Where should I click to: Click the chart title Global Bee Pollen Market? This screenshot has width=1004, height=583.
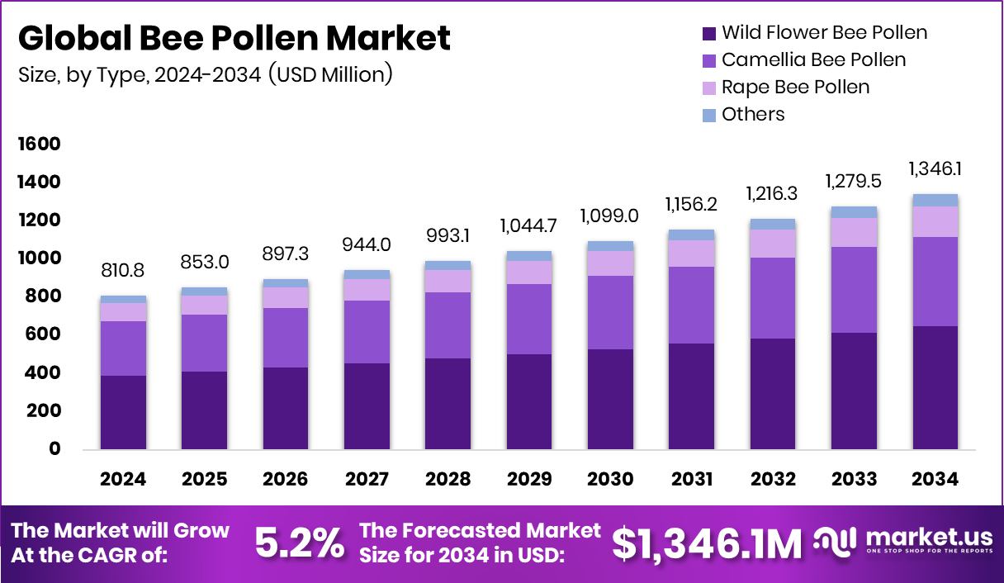(234, 39)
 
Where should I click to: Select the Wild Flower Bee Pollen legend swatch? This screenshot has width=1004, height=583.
(708, 34)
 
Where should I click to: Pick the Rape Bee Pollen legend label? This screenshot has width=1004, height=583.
(795, 87)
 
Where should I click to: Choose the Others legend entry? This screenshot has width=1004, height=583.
(752, 114)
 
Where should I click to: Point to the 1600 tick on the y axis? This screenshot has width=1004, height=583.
(40, 145)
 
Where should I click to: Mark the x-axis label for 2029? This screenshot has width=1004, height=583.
(529, 480)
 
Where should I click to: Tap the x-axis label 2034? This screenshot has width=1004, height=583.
(935, 480)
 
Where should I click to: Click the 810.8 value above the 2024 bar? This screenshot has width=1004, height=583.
(123, 270)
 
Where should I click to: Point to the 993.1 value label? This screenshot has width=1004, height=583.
(448, 235)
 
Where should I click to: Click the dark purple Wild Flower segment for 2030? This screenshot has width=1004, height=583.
(610, 399)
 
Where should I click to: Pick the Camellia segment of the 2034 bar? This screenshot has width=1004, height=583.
(935, 282)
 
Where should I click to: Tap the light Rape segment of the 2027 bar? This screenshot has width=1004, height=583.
(367, 290)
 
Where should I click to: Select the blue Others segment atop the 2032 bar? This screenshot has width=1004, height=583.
(773, 224)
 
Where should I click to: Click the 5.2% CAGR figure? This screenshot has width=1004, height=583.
(299, 543)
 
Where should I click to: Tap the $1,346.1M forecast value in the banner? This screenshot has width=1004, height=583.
(707, 543)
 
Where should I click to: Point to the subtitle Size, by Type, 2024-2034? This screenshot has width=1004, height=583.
(205, 74)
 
